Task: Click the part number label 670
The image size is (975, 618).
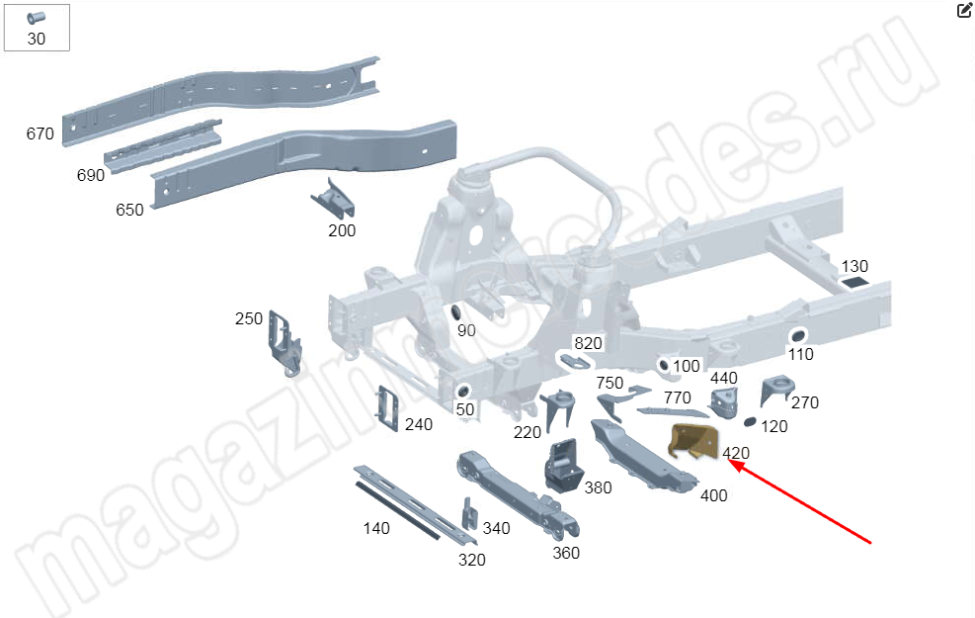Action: pyautogui.click(x=40, y=133)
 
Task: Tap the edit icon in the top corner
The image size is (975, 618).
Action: pyautogui.click(x=964, y=10)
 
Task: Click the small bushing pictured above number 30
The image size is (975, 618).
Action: pyautogui.click(x=37, y=18)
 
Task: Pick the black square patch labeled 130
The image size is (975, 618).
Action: pyautogui.click(x=855, y=283)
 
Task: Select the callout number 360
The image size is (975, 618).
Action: pyautogui.click(x=566, y=553)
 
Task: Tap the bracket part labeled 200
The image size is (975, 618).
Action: pyautogui.click(x=333, y=198)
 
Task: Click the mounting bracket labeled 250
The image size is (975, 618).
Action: pyautogui.click(x=284, y=342)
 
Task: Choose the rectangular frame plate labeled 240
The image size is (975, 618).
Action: pyautogui.click(x=387, y=408)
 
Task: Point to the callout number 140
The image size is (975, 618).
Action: pyautogui.click(x=376, y=528)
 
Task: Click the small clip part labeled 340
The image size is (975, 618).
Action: pyautogui.click(x=469, y=514)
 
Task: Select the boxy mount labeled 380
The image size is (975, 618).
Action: pyautogui.click(x=563, y=466)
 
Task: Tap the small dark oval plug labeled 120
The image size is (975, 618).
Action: pyautogui.click(x=750, y=422)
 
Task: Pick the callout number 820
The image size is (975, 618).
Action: pyautogui.click(x=588, y=343)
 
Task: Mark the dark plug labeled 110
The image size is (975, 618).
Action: pyautogui.click(x=797, y=336)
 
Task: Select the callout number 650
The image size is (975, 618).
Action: pyautogui.click(x=129, y=210)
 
